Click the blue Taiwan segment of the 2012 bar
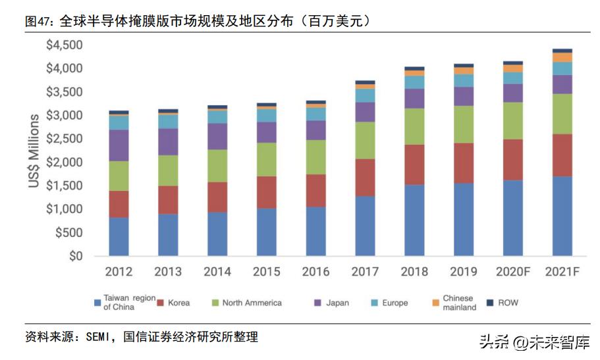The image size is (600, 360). [x=119, y=236]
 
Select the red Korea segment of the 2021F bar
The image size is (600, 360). [x=562, y=155]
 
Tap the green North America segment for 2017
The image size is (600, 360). [x=365, y=140]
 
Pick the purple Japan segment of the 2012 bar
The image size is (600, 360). [x=119, y=145]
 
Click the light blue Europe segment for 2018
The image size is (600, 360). [x=414, y=82]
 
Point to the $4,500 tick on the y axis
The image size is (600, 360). [x=64, y=45]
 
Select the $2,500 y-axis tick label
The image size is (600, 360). [x=64, y=139]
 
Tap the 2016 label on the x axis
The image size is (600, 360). [x=315, y=272]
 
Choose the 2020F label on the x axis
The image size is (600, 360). [x=513, y=272]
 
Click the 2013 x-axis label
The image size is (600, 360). [x=168, y=272]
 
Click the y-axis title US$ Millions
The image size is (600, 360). [x=34, y=151]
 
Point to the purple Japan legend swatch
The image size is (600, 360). [x=317, y=303]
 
